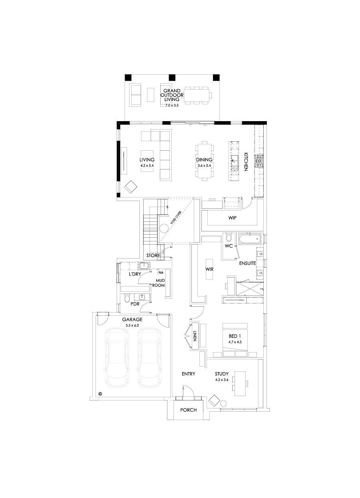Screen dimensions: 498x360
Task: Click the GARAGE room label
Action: click(x=132, y=320)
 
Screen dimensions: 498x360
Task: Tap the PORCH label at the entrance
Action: click(x=188, y=410)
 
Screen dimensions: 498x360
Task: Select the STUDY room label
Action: click(x=221, y=374)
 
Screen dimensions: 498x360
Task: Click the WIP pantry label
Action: click(x=233, y=218)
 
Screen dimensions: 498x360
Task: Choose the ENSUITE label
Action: click(x=247, y=264)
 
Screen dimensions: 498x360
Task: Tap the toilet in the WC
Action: click(x=229, y=237)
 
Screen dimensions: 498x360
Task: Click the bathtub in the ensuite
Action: click(x=249, y=240)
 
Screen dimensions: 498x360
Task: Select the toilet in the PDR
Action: click(x=127, y=298)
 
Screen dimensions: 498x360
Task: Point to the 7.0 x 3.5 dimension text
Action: click(x=172, y=105)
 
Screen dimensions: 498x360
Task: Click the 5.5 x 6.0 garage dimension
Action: click(x=132, y=325)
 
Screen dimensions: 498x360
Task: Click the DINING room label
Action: click(x=204, y=160)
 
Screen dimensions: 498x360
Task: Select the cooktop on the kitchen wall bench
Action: click(x=260, y=161)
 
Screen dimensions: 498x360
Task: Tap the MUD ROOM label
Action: click(x=161, y=283)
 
